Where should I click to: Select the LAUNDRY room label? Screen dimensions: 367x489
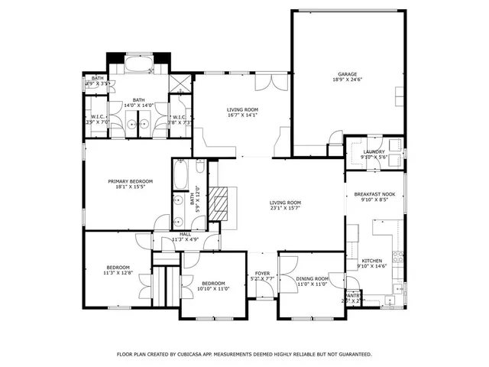click(374, 151)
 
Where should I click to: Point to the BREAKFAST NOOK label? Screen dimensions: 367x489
click(374, 195)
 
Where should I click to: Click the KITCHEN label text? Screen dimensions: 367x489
click(372, 261)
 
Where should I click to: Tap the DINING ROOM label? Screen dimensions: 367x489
click(311, 278)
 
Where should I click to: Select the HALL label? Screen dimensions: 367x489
click(185, 235)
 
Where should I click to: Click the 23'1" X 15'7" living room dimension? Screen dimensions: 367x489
click(284, 208)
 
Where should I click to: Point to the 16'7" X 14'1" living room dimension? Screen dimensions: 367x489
click(241, 115)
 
